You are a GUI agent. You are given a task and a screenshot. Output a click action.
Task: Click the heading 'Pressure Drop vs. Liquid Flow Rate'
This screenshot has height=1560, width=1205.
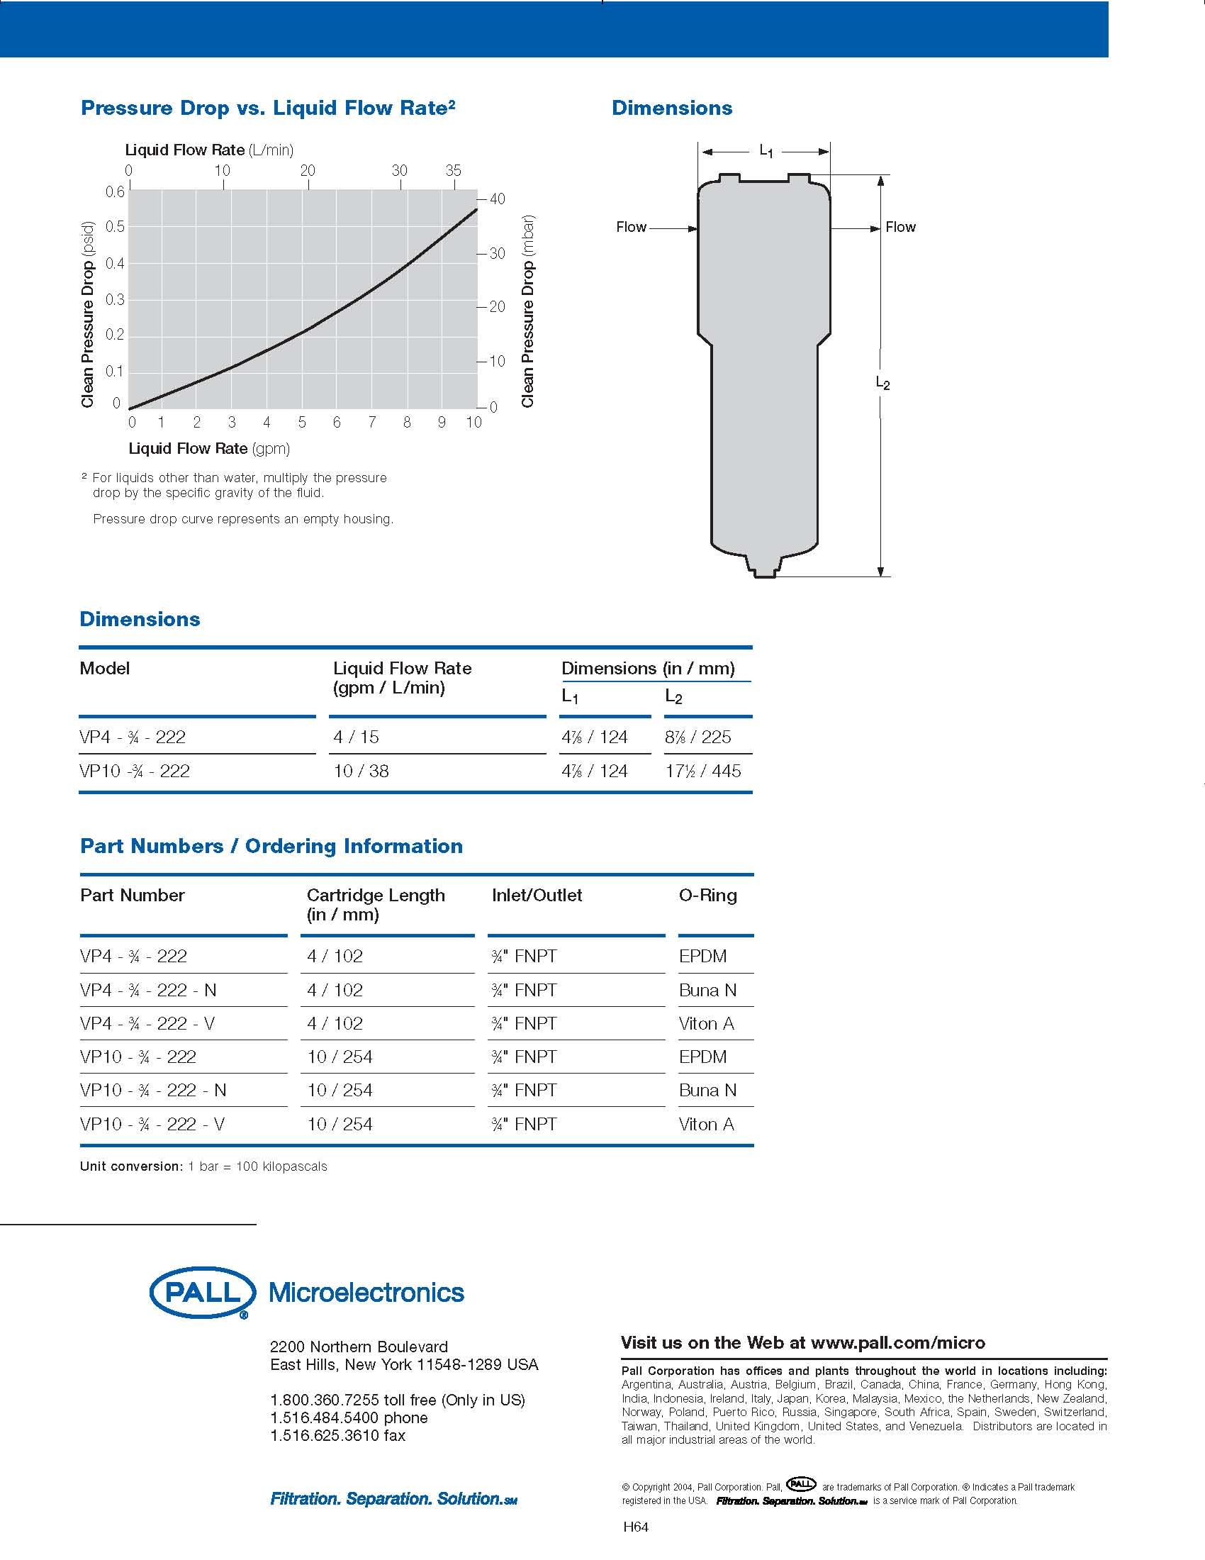268,108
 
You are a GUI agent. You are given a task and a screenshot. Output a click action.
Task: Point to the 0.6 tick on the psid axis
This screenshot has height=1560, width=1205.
115,191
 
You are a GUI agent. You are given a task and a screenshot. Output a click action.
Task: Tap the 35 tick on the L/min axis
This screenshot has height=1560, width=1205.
454,171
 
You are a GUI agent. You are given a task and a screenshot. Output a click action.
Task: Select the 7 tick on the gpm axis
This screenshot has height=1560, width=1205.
372,422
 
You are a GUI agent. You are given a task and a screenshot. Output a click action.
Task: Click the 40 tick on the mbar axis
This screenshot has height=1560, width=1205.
497,199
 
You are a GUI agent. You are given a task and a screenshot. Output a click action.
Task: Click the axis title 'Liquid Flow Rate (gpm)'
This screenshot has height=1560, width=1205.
209,449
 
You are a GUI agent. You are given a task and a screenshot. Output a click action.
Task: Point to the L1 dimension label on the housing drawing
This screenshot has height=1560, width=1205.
766,151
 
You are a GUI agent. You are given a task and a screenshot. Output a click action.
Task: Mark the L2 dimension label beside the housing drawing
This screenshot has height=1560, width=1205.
883,384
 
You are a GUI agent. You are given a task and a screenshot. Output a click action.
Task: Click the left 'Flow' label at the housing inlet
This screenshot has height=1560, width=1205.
631,227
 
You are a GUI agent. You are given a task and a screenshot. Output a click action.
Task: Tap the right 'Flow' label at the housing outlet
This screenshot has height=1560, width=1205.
900,227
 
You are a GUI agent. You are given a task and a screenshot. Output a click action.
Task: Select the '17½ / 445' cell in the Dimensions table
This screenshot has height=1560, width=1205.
702,771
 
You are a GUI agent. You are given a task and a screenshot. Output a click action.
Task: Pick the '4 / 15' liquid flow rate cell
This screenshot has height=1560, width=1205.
357,737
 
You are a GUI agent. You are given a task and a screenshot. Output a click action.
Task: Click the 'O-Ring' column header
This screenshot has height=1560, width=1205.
707,895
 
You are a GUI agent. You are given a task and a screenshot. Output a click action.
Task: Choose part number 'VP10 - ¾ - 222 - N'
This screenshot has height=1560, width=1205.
153,1091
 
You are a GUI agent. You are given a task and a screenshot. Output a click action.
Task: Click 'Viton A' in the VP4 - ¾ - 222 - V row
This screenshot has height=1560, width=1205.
706,1023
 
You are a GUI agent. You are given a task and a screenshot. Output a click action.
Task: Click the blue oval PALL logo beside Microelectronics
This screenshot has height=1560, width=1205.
202,1292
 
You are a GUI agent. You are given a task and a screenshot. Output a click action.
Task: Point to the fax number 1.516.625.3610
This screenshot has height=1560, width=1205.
337,1435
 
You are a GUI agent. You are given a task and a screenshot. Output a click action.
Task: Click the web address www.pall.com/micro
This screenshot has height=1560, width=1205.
898,1343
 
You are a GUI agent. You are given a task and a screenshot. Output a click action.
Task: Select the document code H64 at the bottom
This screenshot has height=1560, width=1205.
635,1527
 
